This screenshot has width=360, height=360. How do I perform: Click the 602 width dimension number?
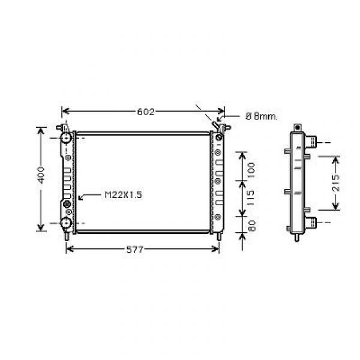[x=146, y=112]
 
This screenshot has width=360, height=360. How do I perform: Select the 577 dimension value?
[x=135, y=250]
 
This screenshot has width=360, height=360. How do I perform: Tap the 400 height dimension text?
[x=41, y=175]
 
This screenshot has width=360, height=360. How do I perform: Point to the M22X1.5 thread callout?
[x=124, y=195]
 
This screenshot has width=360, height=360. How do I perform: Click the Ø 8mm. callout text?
[x=262, y=116]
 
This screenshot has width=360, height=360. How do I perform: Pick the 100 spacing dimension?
[x=251, y=170]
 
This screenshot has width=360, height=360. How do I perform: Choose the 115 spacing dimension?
[x=251, y=198]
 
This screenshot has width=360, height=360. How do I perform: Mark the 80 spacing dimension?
[x=252, y=226]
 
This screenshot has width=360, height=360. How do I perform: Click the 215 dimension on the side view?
[x=335, y=183]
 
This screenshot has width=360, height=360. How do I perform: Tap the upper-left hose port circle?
[x=66, y=138]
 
